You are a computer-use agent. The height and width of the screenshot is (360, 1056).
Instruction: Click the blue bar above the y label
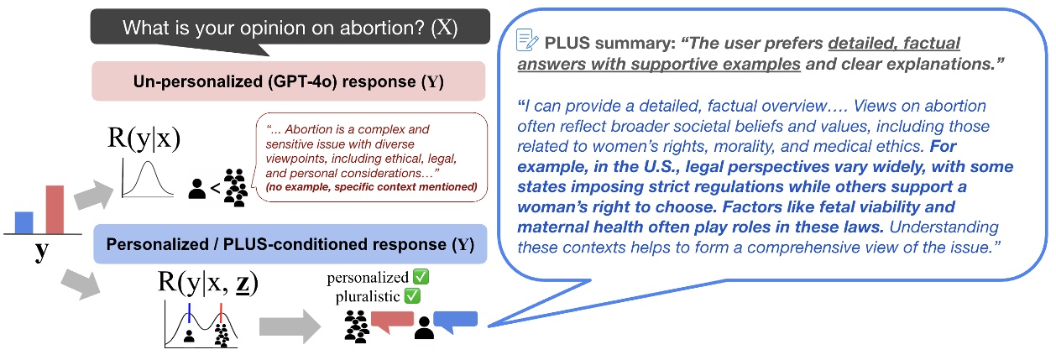point(24,222)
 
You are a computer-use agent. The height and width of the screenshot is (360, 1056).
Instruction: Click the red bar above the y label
point(54,210)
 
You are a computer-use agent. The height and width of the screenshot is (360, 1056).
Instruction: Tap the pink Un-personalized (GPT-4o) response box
point(289,82)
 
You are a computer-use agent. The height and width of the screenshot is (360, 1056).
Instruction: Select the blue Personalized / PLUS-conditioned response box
point(289,245)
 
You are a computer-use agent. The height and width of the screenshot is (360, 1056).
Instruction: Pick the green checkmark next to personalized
point(414,278)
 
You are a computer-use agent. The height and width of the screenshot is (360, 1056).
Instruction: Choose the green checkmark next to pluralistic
point(413,295)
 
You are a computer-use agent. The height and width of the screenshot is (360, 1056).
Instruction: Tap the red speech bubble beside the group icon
point(392,321)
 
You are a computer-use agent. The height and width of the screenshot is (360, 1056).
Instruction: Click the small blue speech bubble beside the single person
point(455,320)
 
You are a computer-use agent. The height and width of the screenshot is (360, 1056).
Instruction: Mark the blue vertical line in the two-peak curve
point(190,314)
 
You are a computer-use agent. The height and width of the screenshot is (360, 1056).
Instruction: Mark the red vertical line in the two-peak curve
point(221,314)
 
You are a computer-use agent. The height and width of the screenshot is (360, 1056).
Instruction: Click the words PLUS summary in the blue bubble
point(588,40)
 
